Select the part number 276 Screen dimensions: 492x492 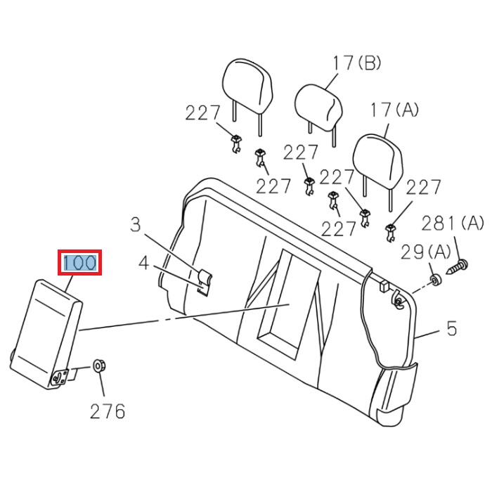(x=107, y=410)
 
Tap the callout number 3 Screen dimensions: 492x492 (x=136, y=225)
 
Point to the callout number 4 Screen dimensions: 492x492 (x=144, y=264)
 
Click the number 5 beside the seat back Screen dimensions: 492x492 (x=451, y=328)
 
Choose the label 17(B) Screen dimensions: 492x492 (x=356, y=63)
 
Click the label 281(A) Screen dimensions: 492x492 (x=453, y=224)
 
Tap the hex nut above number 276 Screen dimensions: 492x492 (x=99, y=366)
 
